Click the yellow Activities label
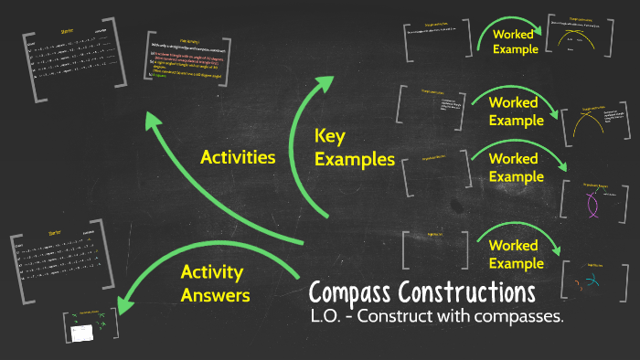click(x=238, y=157)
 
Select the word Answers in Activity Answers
click(x=215, y=294)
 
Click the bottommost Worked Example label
click(x=514, y=254)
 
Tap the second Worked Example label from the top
click(x=514, y=111)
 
